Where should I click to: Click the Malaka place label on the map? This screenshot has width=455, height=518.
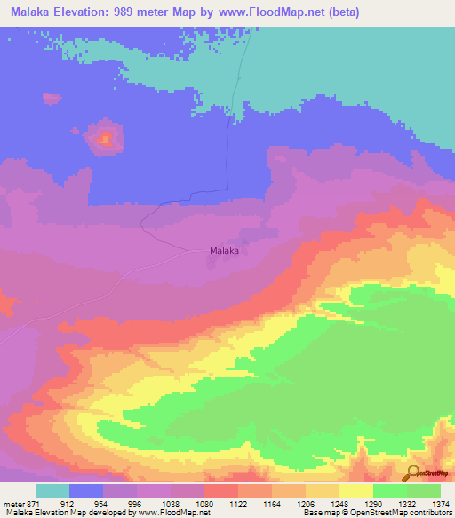click(x=224, y=251)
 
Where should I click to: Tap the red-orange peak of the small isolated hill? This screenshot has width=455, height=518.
click(x=105, y=138)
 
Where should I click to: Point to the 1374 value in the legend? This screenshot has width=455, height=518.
click(x=441, y=504)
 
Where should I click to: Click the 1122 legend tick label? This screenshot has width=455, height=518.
click(x=237, y=504)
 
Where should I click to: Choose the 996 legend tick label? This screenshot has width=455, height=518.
click(x=136, y=504)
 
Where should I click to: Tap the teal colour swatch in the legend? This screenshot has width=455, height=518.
click(x=52, y=490)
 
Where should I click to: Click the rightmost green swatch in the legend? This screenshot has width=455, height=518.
click(x=424, y=490)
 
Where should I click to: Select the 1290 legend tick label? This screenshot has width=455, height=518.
click(x=372, y=504)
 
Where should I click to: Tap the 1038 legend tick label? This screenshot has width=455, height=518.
click(x=170, y=504)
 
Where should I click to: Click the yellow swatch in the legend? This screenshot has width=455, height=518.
click(x=356, y=490)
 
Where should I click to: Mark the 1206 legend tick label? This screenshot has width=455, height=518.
click(x=305, y=504)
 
